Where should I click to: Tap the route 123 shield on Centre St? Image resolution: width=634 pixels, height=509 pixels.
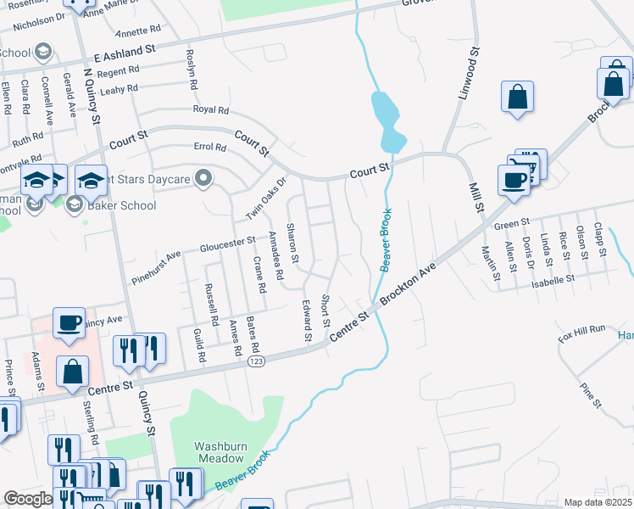254,362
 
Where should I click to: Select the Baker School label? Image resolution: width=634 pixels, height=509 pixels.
124,205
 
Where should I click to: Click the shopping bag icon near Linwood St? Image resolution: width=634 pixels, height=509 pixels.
517,98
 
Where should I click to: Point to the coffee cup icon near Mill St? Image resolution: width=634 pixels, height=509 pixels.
514,181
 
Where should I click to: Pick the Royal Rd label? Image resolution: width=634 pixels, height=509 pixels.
211,110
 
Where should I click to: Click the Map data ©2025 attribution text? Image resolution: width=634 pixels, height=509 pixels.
598,502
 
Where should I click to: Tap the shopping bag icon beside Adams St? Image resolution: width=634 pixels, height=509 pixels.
74,370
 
